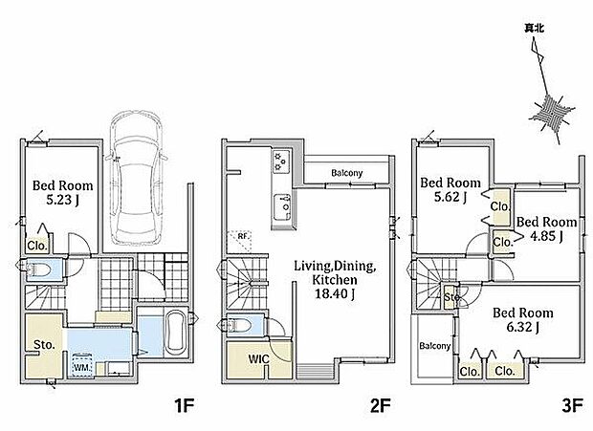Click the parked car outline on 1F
point(136,178)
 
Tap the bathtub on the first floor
point(175,332)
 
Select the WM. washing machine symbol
point(82,366)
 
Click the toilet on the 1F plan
point(39,269)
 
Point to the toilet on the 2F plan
point(240,325)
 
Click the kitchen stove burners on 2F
point(281,162)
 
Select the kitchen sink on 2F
point(282,207)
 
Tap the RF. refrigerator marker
point(242,237)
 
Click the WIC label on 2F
point(258,359)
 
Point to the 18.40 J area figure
point(336,294)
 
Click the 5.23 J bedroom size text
point(62,200)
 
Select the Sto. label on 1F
point(44,344)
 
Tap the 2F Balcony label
point(347,173)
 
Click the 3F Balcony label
point(435,346)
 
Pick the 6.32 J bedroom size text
point(522,327)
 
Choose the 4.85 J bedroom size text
point(546,236)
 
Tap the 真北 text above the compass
point(534,28)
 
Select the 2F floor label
point(381,406)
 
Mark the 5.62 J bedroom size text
point(450,197)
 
